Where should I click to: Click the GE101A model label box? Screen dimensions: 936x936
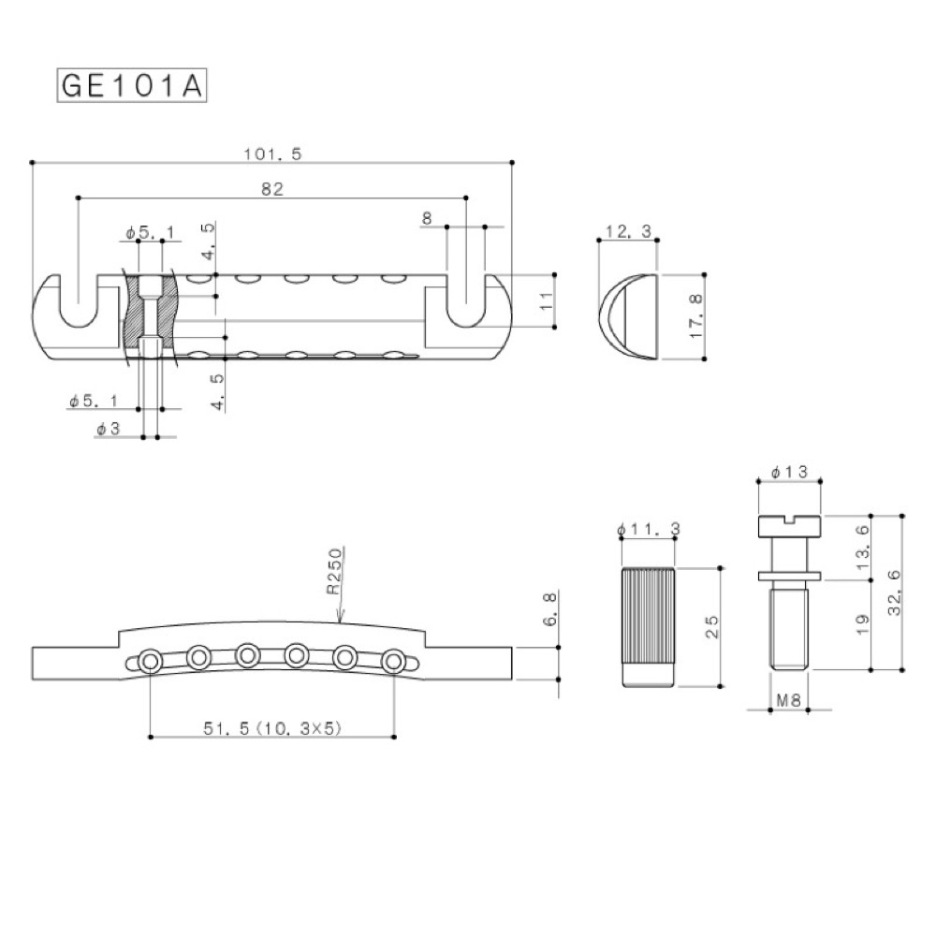pyautogui.click(x=131, y=85)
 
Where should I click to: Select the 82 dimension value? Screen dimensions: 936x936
pyautogui.click(x=272, y=189)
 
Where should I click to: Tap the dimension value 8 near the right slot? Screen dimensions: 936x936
pyautogui.click(x=427, y=218)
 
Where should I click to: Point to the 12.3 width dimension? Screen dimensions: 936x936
pyautogui.click(x=628, y=231)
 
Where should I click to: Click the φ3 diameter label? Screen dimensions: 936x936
pyautogui.click(x=109, y=430)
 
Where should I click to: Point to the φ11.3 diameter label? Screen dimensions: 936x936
pyautogui.click(x=649, y=530)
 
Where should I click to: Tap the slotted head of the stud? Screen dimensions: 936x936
pyautogui.click(x=786, y=526)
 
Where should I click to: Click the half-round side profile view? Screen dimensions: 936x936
pyautogui.click(x=627, y=316)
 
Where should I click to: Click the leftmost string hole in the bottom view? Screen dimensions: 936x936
pyautogui.click(x=149, y=663)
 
